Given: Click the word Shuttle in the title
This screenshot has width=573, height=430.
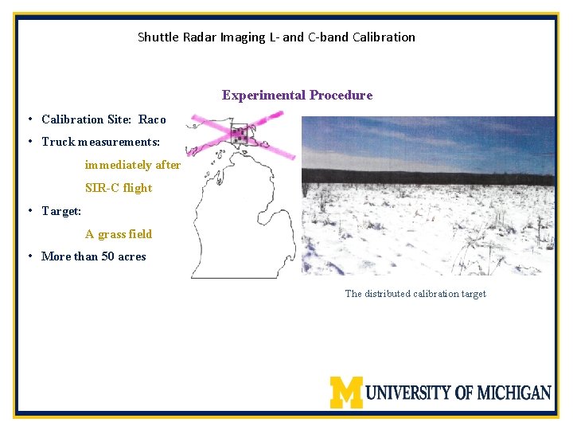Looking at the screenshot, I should coord(156,37).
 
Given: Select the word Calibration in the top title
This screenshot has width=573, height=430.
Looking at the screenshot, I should coord(384,37).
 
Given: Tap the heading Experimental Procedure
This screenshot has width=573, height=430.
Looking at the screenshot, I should coord(297,96).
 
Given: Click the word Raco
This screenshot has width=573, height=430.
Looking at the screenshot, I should coord(152,119).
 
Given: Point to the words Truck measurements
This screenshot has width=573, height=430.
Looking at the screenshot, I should coord(100,142).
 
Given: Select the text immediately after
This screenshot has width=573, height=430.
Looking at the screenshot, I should coord(133,165).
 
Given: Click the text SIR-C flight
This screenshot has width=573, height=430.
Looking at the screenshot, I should coord(119,188).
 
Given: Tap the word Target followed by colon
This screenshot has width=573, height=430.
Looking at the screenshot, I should coord(61,211).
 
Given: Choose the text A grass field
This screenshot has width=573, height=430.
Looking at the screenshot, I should coord(119,234).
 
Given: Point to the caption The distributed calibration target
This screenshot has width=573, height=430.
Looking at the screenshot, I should coord(415,294).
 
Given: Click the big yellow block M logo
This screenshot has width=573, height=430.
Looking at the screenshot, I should coord(346,392).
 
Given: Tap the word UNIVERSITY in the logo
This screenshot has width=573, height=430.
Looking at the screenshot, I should coord(409,393).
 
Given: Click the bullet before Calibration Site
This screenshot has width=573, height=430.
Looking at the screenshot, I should coord(29,119).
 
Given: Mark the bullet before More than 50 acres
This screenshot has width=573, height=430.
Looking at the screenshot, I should coord(29,256).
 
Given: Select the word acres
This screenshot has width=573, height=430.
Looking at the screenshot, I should coord(131,256).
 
